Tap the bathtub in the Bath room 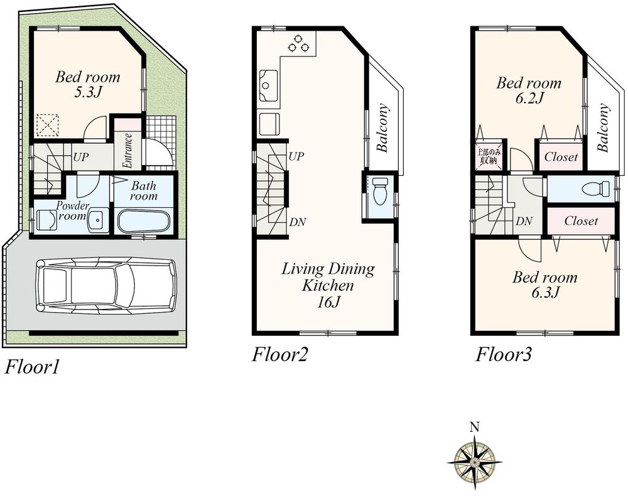coord(143,222)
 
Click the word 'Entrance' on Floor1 coord(127,150)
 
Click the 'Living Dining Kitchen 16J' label coord(327,285)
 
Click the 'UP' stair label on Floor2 coord(296,156)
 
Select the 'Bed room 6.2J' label coord(529,90)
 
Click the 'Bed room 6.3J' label coord(544,284)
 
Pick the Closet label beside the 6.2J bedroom coord(561,157)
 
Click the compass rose coord(475,461)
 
